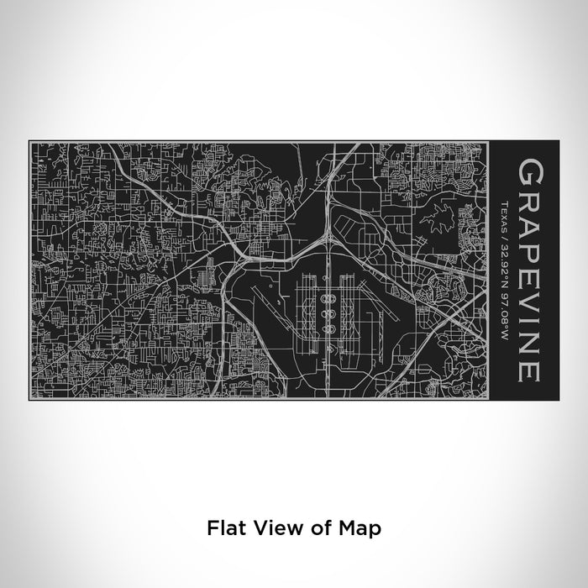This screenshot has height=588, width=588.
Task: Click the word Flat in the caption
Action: tap(222, 504)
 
